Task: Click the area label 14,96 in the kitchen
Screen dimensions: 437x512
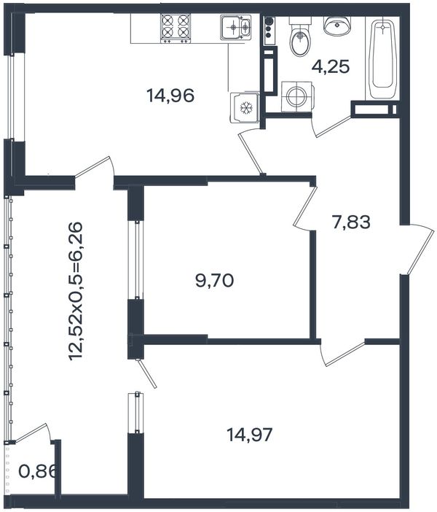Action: pos(170,96)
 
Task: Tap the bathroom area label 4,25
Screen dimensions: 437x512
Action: pos(331,66)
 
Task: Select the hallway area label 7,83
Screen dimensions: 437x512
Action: pos(351,222)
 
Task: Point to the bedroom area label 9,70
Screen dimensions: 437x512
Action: pos(215,280)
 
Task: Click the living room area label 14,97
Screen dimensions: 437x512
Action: pos(250,435)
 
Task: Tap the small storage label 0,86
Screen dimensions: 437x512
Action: pos(38,471)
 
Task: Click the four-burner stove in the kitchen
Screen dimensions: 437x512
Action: pos(176,28)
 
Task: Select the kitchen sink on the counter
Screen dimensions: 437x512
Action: pos(236,28)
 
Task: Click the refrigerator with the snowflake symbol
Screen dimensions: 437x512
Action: pos(245,108)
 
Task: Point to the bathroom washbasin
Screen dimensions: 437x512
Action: pos(337,26)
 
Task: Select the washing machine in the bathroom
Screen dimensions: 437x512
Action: pos(297,97)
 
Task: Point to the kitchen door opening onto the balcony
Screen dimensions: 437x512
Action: pos(95,167)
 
